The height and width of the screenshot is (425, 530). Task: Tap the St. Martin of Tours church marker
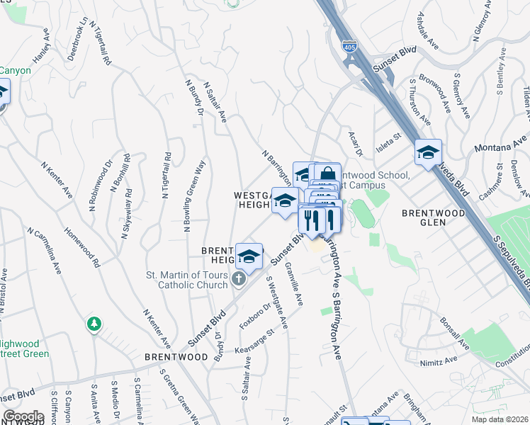coord(239,280)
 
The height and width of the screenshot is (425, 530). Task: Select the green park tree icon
coord(93,324)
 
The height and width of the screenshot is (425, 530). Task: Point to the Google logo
coord(23,416)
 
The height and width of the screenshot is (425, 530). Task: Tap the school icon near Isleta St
coord(428,152)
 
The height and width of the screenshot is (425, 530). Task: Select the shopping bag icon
coord(327,174)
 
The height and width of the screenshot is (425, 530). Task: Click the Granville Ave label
coord(293,283)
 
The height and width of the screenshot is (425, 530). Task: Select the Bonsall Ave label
coord(453,333)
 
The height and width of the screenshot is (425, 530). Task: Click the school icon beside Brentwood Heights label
coord(249,256)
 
